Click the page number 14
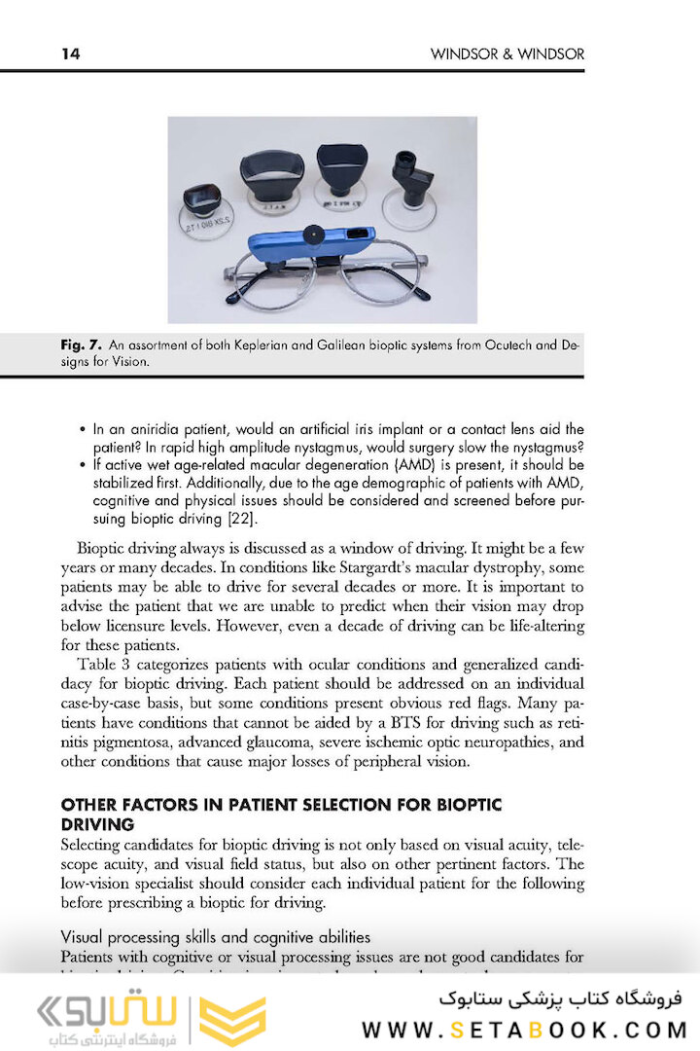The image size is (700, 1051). point(70,54)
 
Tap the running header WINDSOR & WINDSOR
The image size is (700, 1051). point(507,54)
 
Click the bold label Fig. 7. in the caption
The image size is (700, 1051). point(82,344)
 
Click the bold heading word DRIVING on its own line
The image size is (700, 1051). point(97,823)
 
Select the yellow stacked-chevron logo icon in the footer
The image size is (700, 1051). point(232,1020)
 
